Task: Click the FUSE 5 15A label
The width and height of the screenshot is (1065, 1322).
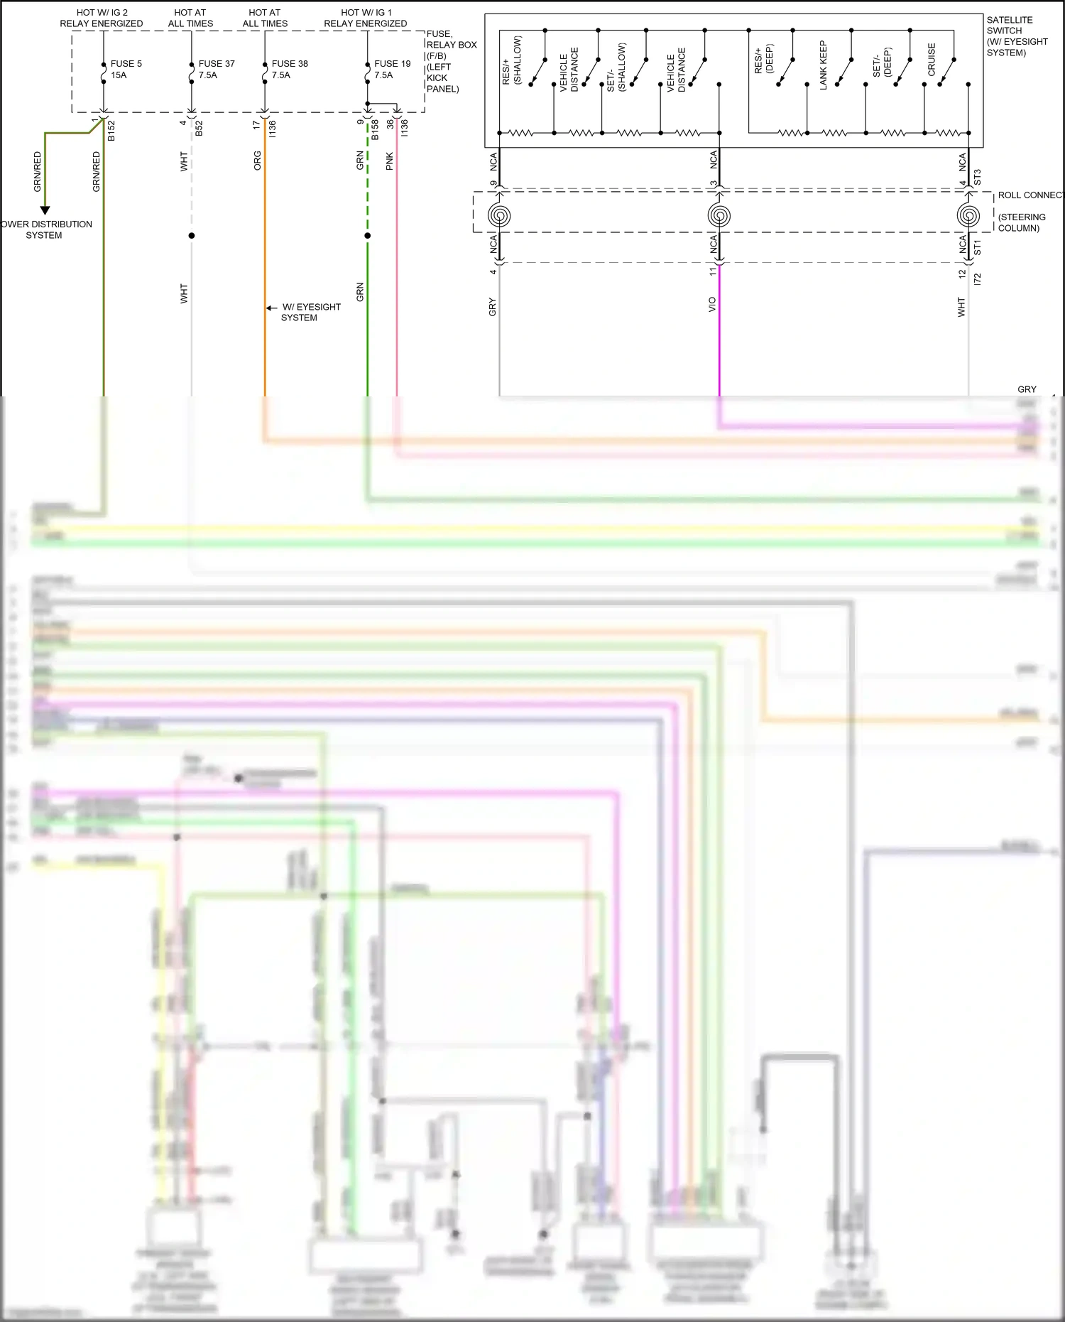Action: tap(126, 69)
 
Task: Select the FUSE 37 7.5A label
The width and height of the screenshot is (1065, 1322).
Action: tap(216, 69)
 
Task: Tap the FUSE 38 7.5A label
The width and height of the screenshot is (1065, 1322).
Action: tap(289, 69)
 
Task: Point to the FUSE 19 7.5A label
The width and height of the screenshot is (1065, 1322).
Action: tap(392, 69)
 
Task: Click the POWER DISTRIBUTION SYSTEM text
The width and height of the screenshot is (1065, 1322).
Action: tap(45, 229)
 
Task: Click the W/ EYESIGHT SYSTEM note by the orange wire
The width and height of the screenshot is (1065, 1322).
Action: tap(310, 312)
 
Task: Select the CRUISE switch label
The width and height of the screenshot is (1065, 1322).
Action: tap(932, 60)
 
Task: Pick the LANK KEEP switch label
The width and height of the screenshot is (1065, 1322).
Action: tap(824, 65)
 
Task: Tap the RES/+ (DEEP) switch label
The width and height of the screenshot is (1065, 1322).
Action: tap(763, 60)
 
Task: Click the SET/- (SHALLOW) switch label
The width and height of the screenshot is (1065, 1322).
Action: tap(616, 67)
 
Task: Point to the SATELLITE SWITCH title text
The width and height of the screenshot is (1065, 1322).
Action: tap(1016, 36)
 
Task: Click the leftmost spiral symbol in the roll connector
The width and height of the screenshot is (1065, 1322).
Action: tap(499, 215)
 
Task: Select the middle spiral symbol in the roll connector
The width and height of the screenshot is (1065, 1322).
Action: tap(719, 215)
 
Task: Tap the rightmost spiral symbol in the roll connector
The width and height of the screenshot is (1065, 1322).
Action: tap(968, 215)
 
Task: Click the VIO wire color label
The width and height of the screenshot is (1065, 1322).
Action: tap(712, 305)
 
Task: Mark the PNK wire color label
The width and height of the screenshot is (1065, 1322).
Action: tap(389, 162)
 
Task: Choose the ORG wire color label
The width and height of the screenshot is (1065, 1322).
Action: tap(258, 161)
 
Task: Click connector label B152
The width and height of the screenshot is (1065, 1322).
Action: tap(111, 131)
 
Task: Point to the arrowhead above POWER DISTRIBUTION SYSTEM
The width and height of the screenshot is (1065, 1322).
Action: tap(45, 210)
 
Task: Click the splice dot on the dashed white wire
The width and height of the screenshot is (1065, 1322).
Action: tap(191, 235)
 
